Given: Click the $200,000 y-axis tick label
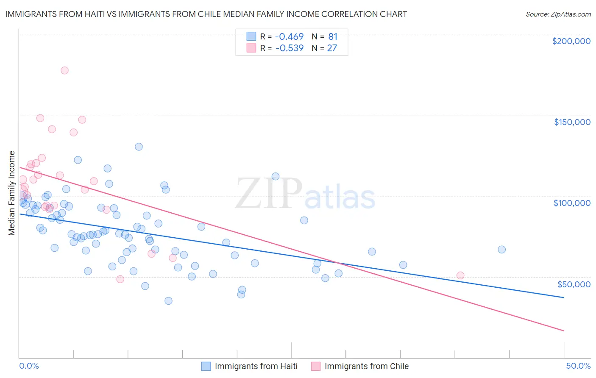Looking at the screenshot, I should pos(571,41).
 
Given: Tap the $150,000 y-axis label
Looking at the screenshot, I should pos(572,122).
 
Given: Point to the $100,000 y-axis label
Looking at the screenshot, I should pos(572,203).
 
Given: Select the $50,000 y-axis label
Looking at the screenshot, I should pos(574,284).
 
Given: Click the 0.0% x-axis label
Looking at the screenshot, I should pos(29,366).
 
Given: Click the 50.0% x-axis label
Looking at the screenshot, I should pos(578,366).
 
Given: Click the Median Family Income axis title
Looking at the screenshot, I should pos(11,193).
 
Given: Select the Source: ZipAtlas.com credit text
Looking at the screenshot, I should pos(558,14).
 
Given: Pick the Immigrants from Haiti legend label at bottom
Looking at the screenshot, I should pos(256,366).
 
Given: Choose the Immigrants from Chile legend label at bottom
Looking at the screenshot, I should pos(367,366).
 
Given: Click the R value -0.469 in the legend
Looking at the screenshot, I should pos(290,36).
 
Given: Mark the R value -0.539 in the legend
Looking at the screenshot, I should pos(290,48).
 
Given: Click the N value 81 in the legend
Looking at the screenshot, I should pos(333,36).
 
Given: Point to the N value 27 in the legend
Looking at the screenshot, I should pos(332,48).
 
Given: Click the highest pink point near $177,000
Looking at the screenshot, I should pos(64,70).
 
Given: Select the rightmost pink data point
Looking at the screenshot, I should pos(460,275).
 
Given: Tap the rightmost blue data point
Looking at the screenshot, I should pos(501,250).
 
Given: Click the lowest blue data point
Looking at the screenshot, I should pos(168,301).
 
